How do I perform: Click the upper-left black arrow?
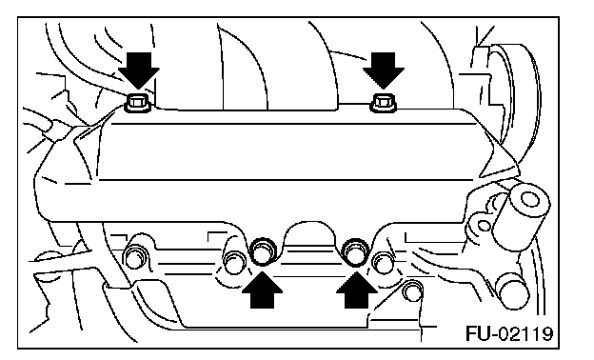point(139,70)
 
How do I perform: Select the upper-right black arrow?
point(384,70)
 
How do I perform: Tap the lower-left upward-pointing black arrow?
point(262,291)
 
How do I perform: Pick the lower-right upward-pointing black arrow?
point(356,291)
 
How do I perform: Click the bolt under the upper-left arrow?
point(138,103)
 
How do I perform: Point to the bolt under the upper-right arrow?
point(384,103)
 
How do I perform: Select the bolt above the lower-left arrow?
point(263,251)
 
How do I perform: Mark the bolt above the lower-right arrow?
point(356,251)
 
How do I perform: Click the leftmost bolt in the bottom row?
point(135,258)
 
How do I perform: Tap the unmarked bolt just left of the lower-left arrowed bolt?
point(234,262)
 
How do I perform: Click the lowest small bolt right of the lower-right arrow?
point(412,291)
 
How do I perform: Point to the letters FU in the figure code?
point(478,333)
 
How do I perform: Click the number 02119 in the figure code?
point(525,333)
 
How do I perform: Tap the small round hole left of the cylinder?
point(484,227)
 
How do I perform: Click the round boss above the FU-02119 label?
point(514,291)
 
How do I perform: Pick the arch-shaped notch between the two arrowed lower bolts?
point(310,234)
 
